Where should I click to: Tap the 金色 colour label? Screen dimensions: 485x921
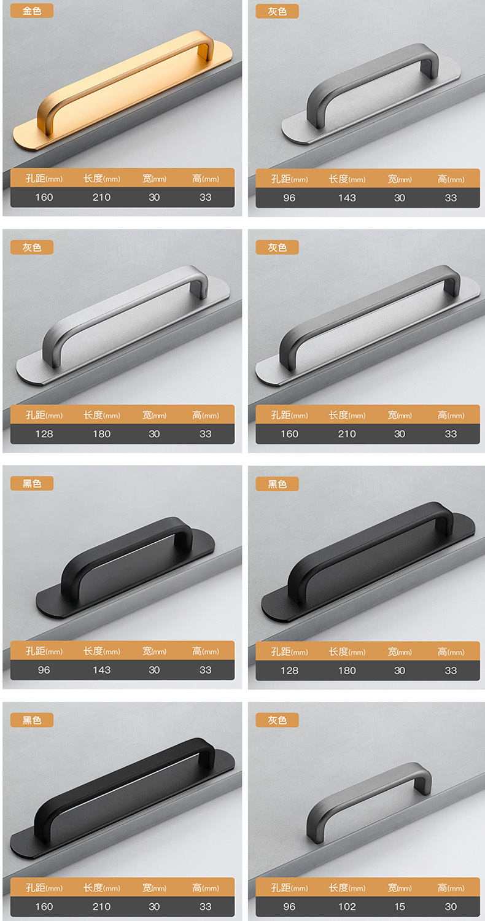pos(32,10)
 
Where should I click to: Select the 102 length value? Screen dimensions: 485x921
pos(347,906)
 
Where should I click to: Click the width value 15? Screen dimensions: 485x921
pos(400,906)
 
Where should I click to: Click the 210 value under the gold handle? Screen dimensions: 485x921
pos(101,197)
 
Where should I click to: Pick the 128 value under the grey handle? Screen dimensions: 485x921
pos(44,433)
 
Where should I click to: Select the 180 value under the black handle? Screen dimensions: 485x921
pos(347,670)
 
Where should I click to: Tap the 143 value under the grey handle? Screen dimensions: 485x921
pos(347,198)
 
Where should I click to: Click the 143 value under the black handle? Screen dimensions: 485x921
pos(101,670)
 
